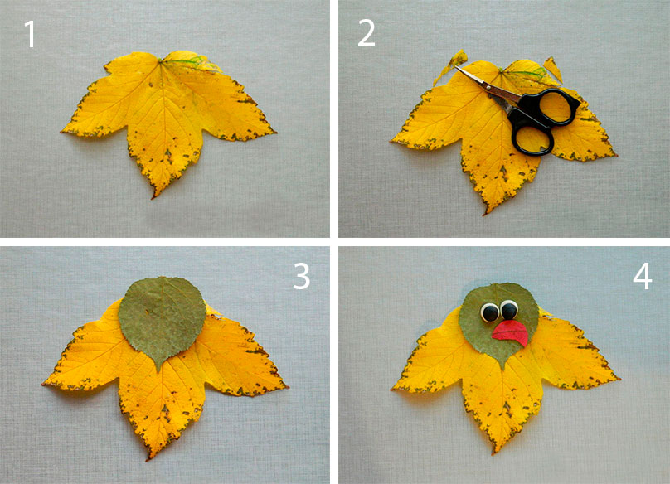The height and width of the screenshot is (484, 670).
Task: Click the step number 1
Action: [30, 34]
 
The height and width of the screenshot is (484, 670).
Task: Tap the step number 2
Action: [367, 33]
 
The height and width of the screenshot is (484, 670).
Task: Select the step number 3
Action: [302, 276]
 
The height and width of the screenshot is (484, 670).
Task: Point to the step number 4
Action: [643, 276]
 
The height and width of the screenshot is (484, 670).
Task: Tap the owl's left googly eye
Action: [490, 312]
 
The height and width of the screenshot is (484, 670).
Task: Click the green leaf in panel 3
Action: [162, 318]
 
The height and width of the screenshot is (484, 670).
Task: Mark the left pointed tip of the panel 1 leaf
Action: [62, 132]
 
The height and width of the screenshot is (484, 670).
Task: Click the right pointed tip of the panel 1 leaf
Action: [274, 132]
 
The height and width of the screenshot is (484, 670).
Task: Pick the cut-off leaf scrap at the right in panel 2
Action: [553, 69]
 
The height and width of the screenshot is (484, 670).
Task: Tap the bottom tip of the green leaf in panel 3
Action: [160, 370]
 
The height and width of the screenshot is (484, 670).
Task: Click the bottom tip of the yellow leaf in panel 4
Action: [495, 452]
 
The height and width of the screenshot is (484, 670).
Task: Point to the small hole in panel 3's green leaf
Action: [148, 312]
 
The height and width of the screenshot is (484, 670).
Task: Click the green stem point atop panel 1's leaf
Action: [161, 60]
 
